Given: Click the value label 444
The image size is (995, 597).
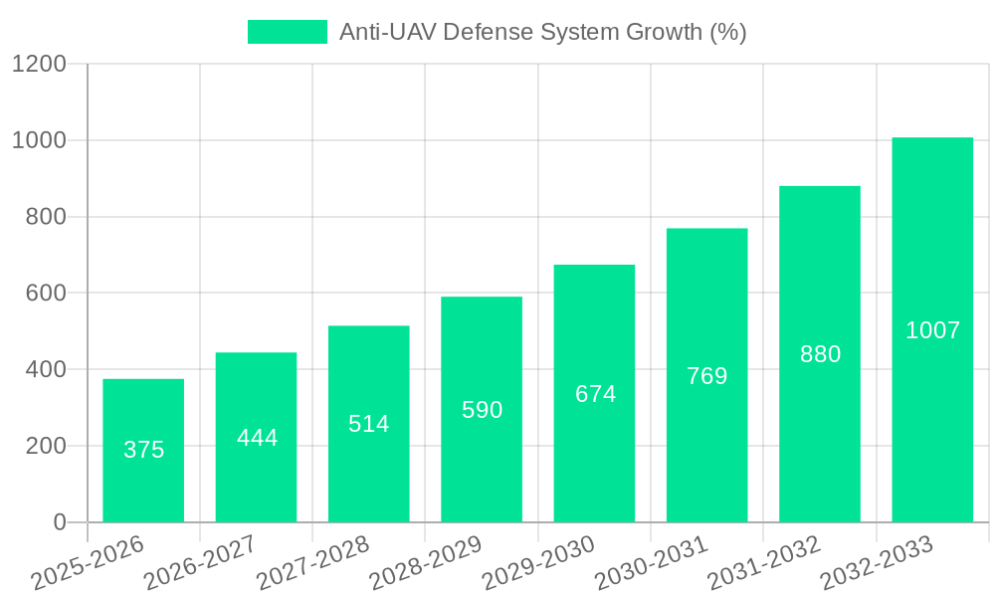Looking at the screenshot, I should (257, 438).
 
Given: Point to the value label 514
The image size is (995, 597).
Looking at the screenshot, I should (369, 424).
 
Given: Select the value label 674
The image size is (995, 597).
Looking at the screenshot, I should (595, 394).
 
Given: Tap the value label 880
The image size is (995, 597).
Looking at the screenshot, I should (820, 354).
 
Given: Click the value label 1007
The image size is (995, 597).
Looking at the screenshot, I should (932, 330).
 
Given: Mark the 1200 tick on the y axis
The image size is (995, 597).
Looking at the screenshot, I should (39, 65).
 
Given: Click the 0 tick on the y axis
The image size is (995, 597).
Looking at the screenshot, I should (59, 522).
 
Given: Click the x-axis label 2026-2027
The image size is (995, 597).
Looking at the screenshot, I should (199, 563).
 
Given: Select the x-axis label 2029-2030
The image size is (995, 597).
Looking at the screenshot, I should (537, 563).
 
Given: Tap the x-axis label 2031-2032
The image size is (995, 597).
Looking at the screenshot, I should (763, 563).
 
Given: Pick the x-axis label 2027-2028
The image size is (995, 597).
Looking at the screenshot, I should (311, 563).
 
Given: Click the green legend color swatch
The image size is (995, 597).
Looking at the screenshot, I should (287, 32).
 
